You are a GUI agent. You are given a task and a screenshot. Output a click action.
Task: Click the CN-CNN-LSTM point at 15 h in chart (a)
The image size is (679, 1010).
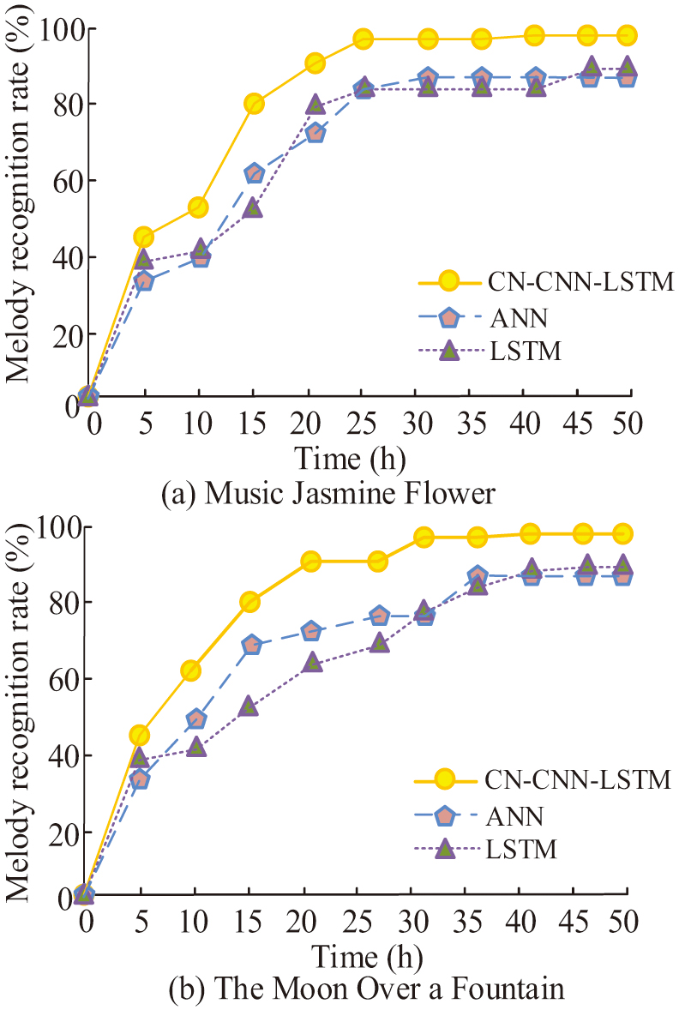[254, 104]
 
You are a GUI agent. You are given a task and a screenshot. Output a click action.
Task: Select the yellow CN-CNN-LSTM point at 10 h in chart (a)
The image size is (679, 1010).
[199, 207]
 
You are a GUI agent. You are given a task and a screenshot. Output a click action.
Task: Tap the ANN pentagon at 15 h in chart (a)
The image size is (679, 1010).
[254, 173]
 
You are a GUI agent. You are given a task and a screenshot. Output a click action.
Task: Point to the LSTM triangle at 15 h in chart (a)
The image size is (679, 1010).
[254, 207]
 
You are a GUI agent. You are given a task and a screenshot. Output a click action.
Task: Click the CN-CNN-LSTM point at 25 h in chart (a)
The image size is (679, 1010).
[364, 39]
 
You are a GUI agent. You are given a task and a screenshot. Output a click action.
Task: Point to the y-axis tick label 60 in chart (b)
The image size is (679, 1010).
[44, 678]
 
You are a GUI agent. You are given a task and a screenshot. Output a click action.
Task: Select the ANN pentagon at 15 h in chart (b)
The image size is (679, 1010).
[251, 645]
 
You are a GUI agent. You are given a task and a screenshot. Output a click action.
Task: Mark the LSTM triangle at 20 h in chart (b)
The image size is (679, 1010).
[312, 662]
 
